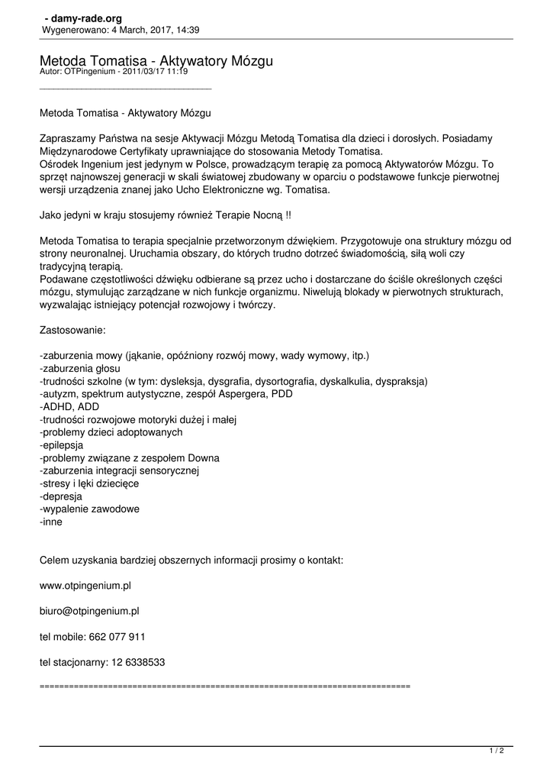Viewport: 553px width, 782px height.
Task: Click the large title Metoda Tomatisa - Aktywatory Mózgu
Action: [x=156, y=60]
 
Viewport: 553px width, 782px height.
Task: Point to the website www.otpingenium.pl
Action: [x=85, y=586]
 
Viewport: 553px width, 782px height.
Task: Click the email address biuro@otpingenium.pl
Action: [x=89, y=611]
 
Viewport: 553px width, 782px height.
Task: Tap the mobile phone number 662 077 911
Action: [x=117, y=637]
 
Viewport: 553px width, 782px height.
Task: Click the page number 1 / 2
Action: [x=497, y=751]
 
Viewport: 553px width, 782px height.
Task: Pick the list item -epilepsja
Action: [x=62, y=444]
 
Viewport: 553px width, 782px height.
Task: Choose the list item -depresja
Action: [x=61, y=496]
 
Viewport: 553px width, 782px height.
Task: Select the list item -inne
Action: [x=51, y=522]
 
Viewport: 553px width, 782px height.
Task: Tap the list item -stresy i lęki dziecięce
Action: [x=88, y=483]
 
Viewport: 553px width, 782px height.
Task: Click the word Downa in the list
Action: [x=204, y=457]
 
